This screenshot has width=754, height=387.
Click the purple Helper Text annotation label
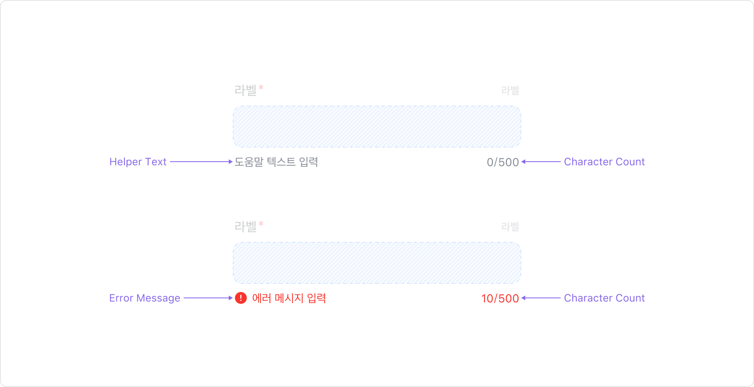click(x=138, y=162)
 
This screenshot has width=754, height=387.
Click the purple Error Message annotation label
click(x=145, y=298)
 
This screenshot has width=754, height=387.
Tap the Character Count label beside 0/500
click(x=604, y=162)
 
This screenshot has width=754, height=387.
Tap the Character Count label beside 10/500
click(x=604, y=298)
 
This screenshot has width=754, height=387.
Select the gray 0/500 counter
click(x=503, y=162)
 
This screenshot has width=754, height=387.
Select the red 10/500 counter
click(x=500, y=298)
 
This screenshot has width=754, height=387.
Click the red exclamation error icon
click(x=241, y=298)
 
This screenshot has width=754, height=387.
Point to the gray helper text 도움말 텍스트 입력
click(x=276, y=162)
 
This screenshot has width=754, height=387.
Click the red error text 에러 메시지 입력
click(x=289, y=298)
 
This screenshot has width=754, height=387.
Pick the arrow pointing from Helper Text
click(x=201, y=162)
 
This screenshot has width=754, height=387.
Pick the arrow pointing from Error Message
click(x=208, y=298)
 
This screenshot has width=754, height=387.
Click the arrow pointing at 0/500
click(x=541, y=162)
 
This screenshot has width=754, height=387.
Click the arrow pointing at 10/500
click(x=541, y=298)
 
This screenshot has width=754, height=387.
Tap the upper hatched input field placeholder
click(x=377, y=127)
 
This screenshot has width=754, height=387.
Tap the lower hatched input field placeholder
click(x=377, y=263)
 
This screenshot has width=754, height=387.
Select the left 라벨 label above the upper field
click(x=245, y=90)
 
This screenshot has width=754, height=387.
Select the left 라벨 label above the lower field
click(x=245, y=226)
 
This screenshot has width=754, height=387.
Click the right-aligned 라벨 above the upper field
click(x=510, y=90)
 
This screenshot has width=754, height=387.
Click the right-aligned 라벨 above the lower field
click(x=510, y=227)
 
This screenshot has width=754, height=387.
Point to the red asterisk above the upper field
click(x=261, y=87)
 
